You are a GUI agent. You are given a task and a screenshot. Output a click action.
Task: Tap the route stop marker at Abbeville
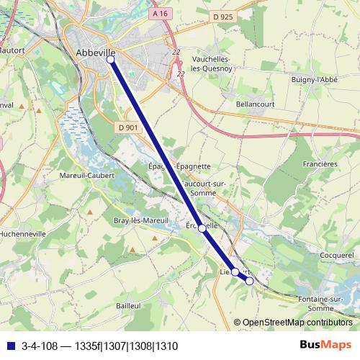(x=111, y=60)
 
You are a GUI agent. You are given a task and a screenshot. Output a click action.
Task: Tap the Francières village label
(x=321, y=164)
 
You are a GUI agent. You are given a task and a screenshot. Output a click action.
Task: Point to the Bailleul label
(x=127, y=306)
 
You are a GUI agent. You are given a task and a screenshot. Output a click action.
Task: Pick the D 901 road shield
(x=127, y=127)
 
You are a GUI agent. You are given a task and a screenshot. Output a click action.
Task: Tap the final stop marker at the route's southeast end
(x=249, y=281)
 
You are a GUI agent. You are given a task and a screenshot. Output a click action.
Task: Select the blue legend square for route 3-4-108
(x=10, y=346)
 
